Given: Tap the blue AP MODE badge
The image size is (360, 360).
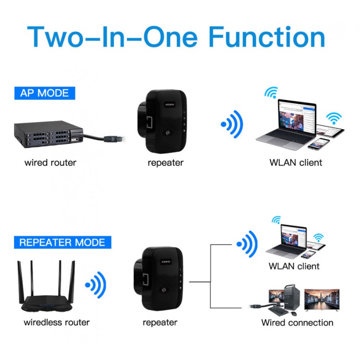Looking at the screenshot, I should point(44,93).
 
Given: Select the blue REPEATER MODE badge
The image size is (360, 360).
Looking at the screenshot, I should point(62,242).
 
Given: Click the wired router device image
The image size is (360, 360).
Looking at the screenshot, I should point(49,134).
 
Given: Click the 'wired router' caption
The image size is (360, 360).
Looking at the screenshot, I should point(50,162).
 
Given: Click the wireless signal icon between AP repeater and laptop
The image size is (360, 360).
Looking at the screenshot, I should point(232,124).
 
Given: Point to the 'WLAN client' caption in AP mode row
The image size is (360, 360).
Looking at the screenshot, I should point(296,162).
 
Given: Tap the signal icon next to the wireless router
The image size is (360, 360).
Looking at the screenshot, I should point(96,284).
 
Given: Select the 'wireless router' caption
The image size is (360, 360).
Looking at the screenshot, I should point(57,322).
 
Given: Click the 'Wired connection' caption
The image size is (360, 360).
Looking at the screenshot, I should point(297,322).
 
